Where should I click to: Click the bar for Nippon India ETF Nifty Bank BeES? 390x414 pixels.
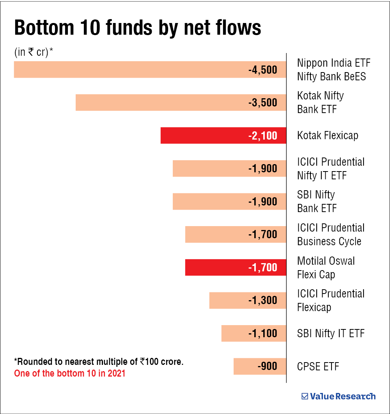[129, 70]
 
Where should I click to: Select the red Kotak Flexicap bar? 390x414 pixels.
[203, 136]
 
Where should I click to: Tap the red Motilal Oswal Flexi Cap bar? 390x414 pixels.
[214, 267]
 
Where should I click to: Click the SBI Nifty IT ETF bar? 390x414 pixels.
[234, 333]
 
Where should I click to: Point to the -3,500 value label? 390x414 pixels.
[262, 103]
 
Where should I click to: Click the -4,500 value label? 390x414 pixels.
[262, 70]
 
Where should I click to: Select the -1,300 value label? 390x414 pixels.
[262, 301]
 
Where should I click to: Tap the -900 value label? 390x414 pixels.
[267, 366]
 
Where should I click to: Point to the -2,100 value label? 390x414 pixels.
[262, 136]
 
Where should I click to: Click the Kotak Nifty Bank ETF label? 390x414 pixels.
[320, 103]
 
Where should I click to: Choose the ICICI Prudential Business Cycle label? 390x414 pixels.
[331, 234]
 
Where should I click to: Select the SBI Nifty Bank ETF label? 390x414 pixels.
[317, 202]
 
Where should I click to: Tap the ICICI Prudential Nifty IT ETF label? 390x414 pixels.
[331, 168]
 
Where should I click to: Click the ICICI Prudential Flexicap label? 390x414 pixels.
[331, 300]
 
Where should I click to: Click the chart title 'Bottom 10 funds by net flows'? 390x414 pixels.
[138, 28]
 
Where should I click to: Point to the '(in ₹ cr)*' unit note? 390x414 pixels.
[34, 53]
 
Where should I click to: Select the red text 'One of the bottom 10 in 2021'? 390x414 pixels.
[70, 373]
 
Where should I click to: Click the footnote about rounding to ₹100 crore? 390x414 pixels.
[99, 361]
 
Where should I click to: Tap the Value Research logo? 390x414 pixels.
[339, 396]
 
